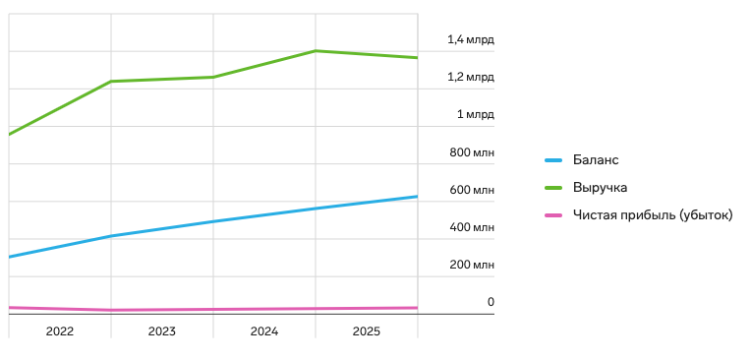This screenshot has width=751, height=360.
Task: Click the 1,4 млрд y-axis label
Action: [x=470, y=39]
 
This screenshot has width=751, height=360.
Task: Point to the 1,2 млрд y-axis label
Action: [x=470, y=77]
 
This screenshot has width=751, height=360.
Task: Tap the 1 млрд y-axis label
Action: [x=475, y=114]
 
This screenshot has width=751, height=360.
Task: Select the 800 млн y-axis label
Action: [x=471, y=152]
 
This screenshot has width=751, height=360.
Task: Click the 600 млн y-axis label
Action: [x=471, y=190]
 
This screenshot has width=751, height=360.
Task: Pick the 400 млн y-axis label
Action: [x=471, y=227]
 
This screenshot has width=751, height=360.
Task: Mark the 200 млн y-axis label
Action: [x=471, y=265]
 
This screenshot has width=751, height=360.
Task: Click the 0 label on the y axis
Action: [x=491, y=302]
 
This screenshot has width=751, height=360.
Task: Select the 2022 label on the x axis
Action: [x=60, y=331]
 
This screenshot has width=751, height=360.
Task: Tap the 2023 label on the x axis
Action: [x=162, y=331]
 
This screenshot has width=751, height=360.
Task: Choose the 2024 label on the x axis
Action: [x=264, y=331]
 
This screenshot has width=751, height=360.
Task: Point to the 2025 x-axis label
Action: [x=367, y=331]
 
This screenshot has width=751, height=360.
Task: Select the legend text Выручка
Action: [x=601, y=188]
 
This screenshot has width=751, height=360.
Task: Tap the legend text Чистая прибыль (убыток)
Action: [x=653, y=215]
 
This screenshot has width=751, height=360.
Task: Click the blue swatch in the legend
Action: [x=553, y=160]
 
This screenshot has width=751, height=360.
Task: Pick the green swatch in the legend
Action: [x=553, y=188]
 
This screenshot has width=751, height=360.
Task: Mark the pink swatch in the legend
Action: [x=553, y=215]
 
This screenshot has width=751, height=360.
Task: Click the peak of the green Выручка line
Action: [x=316, y=51]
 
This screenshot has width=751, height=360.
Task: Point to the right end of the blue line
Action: [x=417, y=197]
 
